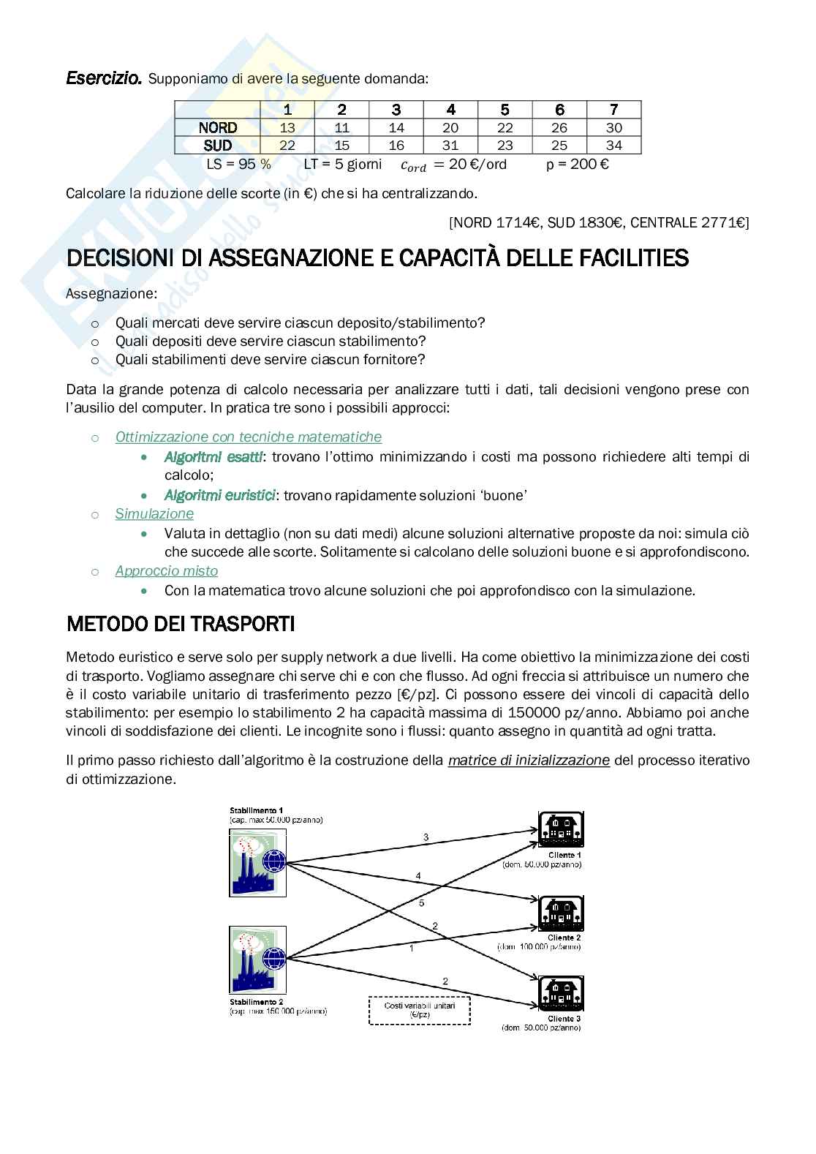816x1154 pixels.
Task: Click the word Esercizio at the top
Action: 103,78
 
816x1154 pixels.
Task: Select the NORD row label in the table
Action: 218,127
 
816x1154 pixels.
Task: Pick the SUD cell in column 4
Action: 450,145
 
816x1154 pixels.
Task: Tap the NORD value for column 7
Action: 614,127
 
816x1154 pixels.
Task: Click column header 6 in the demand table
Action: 560,110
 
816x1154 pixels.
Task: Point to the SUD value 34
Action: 614,145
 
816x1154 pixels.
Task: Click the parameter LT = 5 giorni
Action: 342,164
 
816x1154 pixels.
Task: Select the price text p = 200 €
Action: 578,164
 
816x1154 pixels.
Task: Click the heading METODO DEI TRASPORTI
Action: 181,624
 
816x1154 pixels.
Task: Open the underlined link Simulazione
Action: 154,513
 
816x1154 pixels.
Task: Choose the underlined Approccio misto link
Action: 167,570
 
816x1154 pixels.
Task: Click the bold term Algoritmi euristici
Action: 219,495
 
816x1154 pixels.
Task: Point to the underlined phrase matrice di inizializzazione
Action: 529,760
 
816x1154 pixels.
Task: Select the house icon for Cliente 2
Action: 561,913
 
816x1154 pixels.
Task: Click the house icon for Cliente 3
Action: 561,994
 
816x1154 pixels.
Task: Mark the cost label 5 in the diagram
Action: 421,903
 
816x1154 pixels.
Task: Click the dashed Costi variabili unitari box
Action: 420,1010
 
